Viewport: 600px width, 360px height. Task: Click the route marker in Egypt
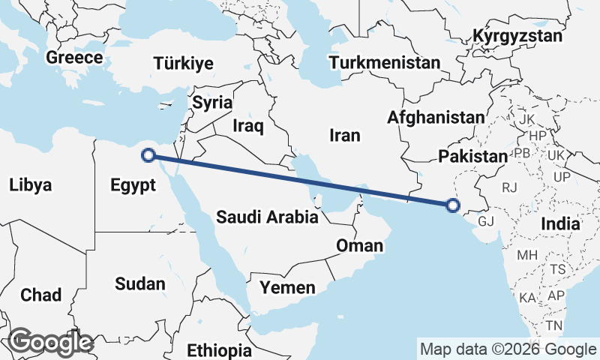click(x=148, y=155)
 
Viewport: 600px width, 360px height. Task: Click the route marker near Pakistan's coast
click(x=452, y=204)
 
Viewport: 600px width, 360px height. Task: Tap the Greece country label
click(x=74, y=58)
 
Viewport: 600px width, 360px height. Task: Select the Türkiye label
click(x=184, y=64)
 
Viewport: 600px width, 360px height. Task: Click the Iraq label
click(x=248, y=126)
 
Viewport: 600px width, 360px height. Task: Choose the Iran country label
click(x=345, y=135)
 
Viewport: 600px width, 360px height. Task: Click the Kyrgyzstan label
click(x=517, y=36)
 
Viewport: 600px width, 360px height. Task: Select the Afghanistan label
click(x=436, y=117)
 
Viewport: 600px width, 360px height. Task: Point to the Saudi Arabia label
click(x=267, y=217)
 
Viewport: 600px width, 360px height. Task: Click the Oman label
click(x=360, y=245)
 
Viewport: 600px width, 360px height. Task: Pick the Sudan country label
click(x=139, y=283)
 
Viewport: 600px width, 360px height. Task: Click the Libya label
click(x=31, y=184)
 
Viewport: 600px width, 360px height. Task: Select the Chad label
click(x=41, y=295)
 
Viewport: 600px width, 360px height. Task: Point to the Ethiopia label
click(x=220, y=350)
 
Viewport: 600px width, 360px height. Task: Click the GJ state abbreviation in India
click(x=487, y=221)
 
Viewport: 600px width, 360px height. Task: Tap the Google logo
click(x=50, y=342)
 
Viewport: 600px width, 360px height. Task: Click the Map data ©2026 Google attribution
click(x=508, y=349)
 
